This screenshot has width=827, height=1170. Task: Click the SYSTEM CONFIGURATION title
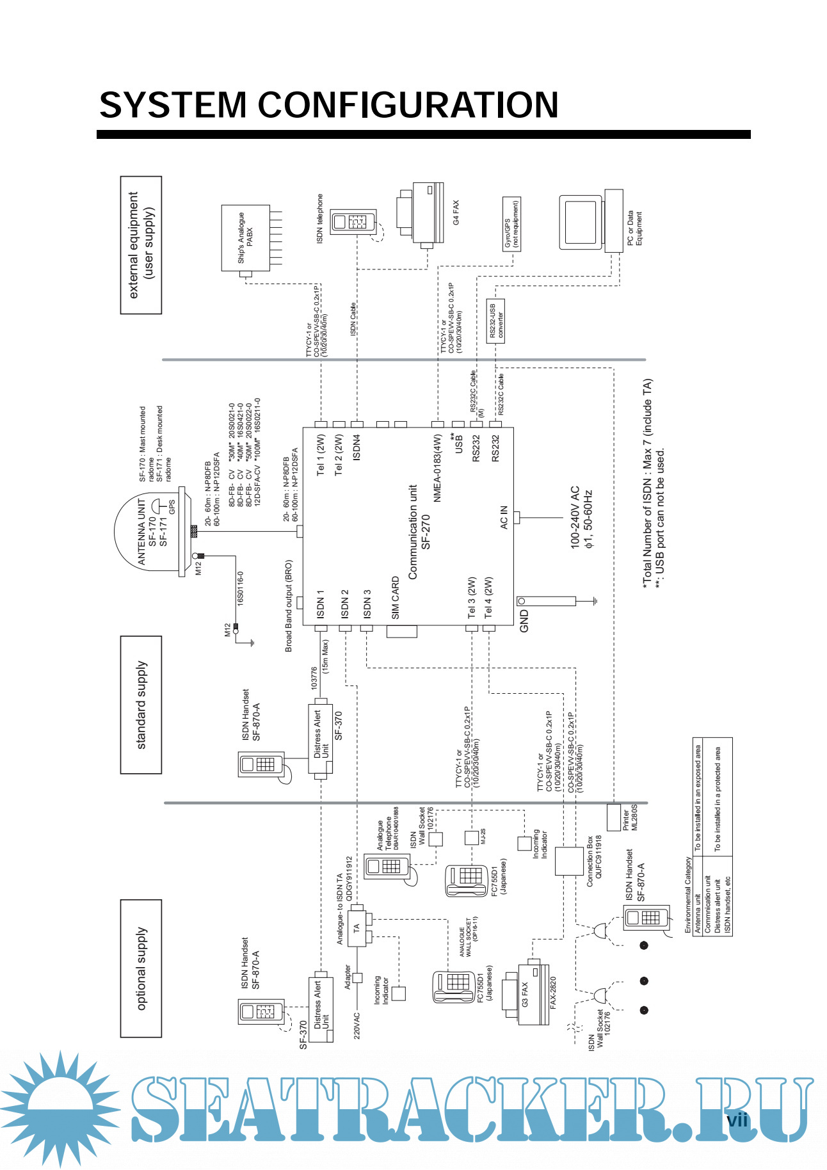tap(329, 106)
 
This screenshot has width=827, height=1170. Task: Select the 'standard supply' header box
tap(141, 705)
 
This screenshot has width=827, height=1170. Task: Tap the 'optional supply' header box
tap(141, 968)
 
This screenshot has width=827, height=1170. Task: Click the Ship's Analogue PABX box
tap(245, 238)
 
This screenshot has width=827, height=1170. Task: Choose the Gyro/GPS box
tap(511, 224)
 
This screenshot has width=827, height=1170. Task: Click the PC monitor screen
tap(581, 222)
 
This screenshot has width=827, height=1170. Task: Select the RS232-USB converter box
tap(495, 321)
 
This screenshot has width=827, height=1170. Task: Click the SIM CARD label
tap(396, 598)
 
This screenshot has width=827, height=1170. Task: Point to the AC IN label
tap(504, 517)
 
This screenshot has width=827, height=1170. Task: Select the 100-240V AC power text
tap(581, 517)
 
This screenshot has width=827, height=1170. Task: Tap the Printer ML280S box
tap(613, 817)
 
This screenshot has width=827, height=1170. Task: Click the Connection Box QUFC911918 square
tap(568, 861)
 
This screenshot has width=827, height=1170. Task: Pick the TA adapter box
tap(357, 927)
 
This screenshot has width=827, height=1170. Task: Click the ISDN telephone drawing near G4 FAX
tap(353, 221)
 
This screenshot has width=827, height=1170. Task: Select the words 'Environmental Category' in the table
tap(688, 895)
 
